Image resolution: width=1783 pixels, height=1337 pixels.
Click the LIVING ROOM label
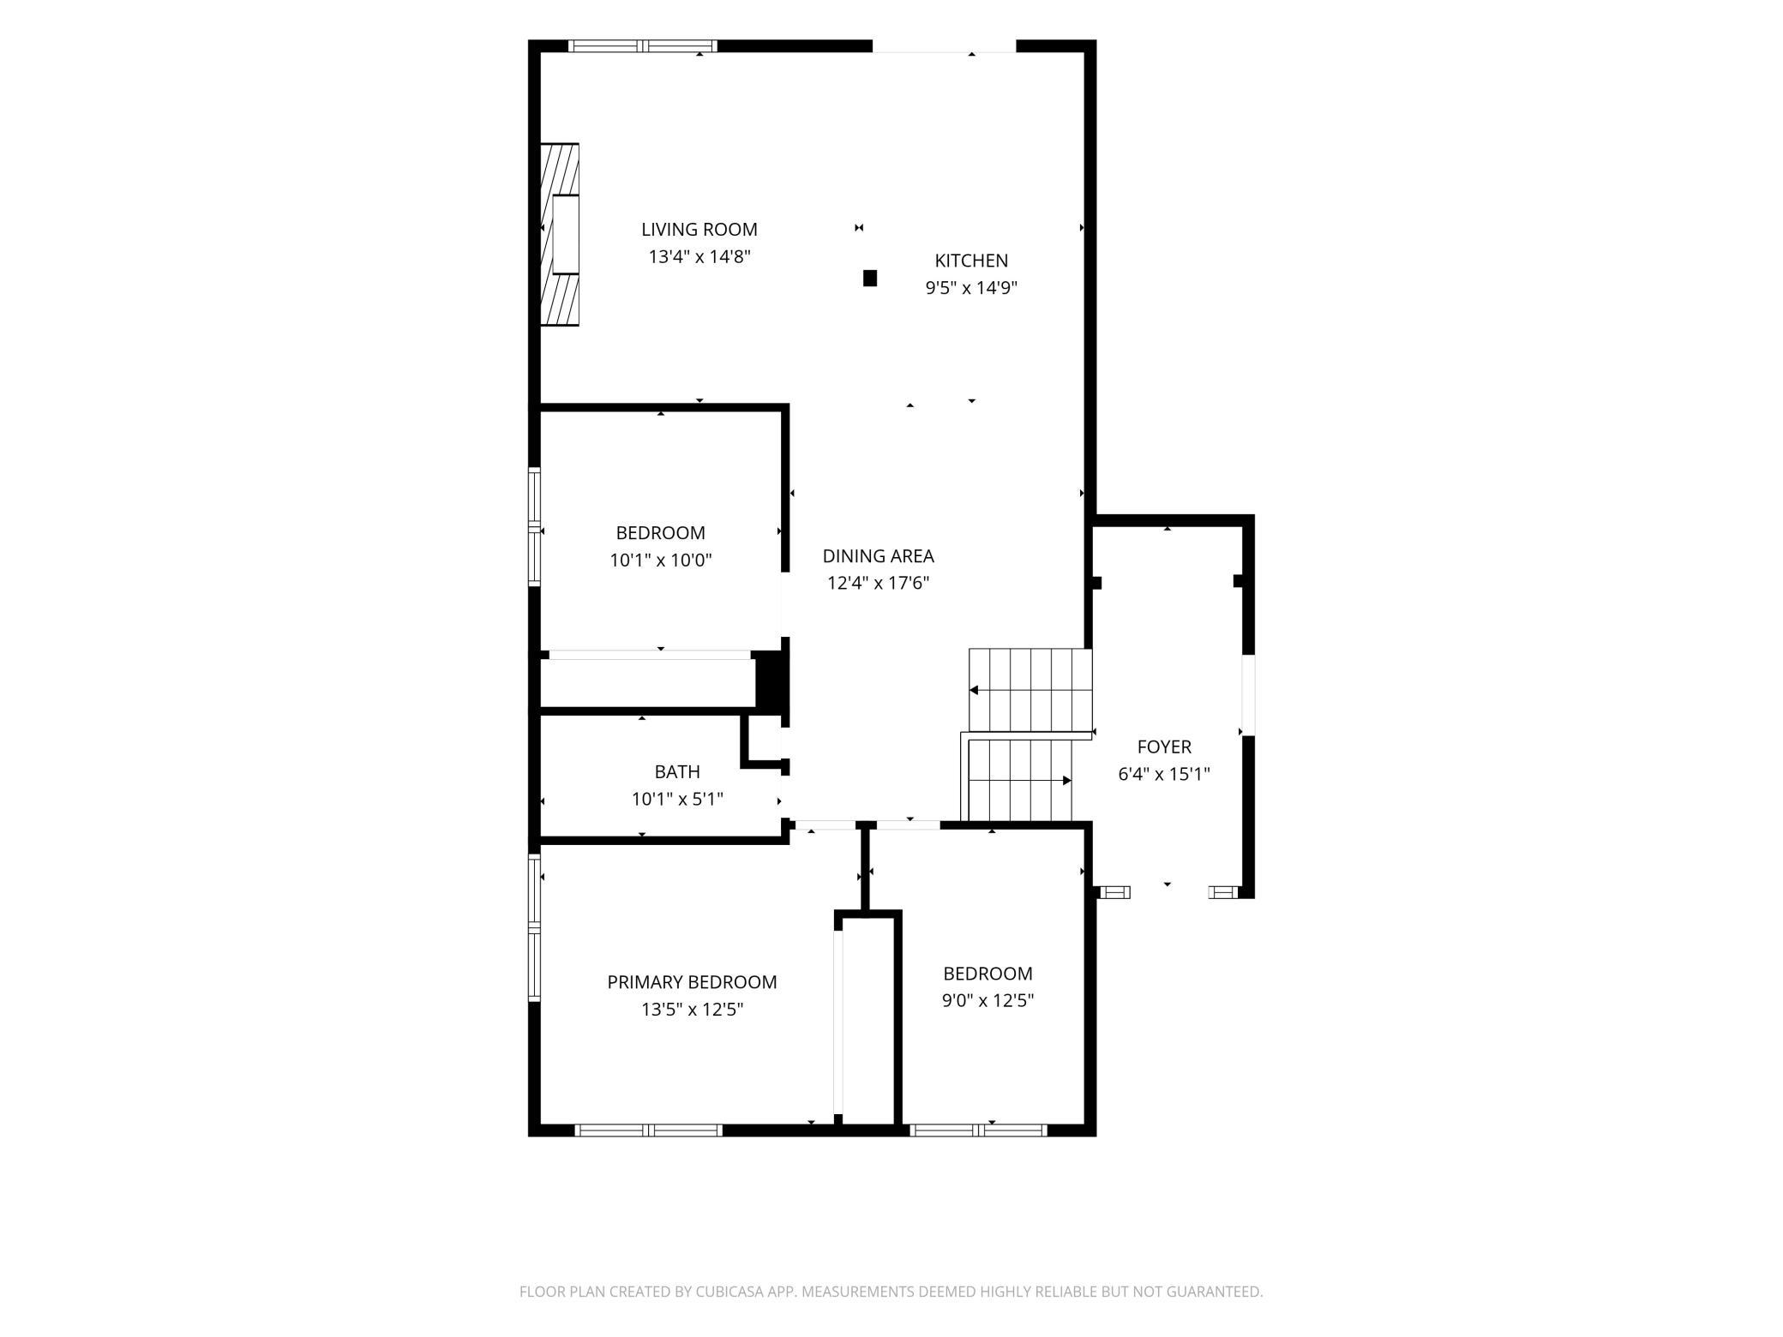(x=699, y=230)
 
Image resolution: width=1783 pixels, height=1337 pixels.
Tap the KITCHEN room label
(x=971, y=261)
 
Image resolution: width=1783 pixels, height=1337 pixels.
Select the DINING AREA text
(x=879, y=556)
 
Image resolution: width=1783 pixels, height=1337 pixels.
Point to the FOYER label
(x=1164, y=747)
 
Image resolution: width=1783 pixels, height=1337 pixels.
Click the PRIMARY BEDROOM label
(x=692, y=982)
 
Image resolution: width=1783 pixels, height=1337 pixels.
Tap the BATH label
(x=677, y=772)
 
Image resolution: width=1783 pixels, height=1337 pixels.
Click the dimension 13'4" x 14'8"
(x=699, y=256)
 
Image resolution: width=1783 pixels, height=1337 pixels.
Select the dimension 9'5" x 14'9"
(x=971, y=288)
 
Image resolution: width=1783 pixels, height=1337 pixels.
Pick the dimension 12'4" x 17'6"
(x=879, y=584)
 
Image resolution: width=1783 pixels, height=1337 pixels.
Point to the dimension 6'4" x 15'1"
(x=1164, y=775)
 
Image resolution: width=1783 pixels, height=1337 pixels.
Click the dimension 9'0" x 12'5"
(x=988, y=1001)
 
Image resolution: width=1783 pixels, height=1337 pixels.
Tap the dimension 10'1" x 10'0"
(x=661, y=561)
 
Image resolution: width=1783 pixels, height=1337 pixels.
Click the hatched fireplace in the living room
(x=560, y=234)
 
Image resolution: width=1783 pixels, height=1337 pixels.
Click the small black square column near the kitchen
(x=870, y=278)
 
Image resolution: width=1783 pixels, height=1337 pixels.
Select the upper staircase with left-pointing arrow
(x=1030, y=690)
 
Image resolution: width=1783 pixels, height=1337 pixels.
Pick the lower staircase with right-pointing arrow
(x=1020, y=780)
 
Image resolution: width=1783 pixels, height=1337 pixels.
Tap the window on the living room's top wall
(x=643, y=46)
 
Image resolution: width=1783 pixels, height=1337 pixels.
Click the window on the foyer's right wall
(x=1248, y=695)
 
